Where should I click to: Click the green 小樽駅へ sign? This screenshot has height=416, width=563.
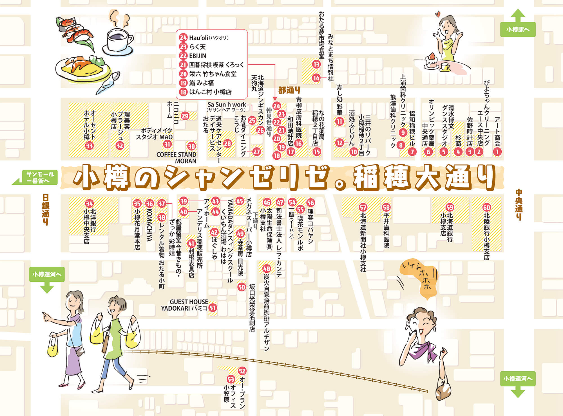coord(517,29)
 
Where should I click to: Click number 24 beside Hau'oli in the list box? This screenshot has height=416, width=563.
coord(183,38)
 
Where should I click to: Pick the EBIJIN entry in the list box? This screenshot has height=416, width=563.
coord(198,56)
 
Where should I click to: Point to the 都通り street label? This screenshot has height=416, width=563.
coord(289,90)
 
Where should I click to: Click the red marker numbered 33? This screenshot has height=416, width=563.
coord(89,146)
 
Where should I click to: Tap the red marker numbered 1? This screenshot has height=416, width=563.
coord(497,152)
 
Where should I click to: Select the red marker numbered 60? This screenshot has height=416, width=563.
coord(486,207)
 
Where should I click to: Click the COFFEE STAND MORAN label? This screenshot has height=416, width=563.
coord(177,158)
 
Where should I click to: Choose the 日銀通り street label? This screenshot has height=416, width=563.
coord(45,209)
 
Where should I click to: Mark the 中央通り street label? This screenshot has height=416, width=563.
coord(519,205)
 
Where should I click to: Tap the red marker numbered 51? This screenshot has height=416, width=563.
coord(213,308)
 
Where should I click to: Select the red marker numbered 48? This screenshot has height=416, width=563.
coord(266,268)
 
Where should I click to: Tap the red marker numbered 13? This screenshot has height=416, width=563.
coord(316,64)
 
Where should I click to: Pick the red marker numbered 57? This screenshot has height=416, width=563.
coord(363,207)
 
